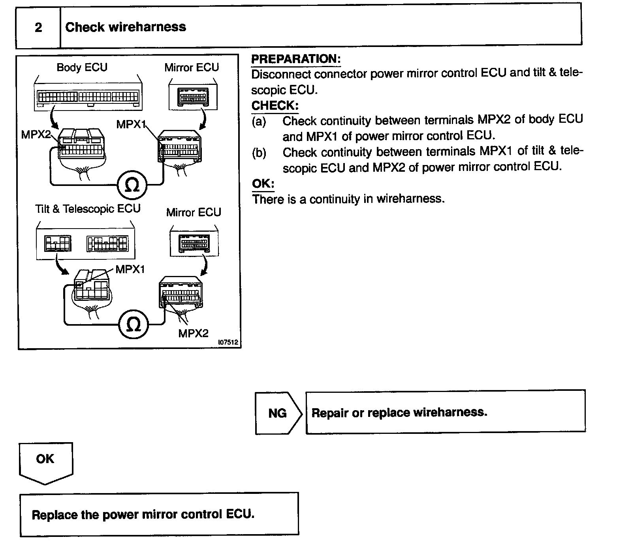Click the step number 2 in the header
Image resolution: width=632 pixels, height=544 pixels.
38,27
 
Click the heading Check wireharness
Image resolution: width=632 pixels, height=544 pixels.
125,27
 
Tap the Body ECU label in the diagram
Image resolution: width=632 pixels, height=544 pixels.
82,67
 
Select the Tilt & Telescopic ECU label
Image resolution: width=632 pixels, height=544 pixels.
88,208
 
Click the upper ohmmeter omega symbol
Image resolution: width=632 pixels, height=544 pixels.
132,185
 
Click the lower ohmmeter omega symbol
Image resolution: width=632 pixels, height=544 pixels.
134,325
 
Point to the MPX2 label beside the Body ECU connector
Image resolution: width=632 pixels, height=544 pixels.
36,135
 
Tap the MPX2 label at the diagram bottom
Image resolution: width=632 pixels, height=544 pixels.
193,333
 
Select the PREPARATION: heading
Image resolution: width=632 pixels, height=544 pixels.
296,59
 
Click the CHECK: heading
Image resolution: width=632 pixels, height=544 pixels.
275,106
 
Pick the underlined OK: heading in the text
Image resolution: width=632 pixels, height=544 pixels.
263,184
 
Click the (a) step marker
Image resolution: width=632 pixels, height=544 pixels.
259,121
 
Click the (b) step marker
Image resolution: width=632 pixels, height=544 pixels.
259,153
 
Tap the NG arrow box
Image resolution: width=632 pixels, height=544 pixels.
278,413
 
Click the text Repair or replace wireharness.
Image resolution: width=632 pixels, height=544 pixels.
399,413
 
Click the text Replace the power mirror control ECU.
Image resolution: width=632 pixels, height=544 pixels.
143,514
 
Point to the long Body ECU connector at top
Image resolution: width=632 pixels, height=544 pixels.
88,96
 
